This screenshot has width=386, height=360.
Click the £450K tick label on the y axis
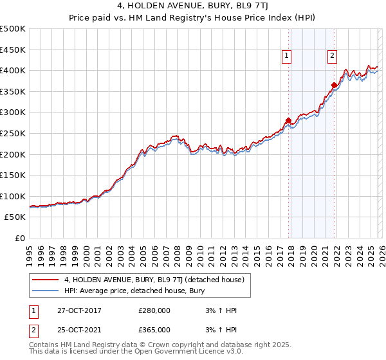click(14, 50)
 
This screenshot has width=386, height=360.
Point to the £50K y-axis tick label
click(15, 217)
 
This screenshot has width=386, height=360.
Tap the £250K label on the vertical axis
click(14, 133)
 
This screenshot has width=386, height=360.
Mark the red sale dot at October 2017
click(288, 120)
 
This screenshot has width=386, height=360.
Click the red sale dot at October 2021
click(334, 85)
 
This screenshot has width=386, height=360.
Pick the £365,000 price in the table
click(154, 330)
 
